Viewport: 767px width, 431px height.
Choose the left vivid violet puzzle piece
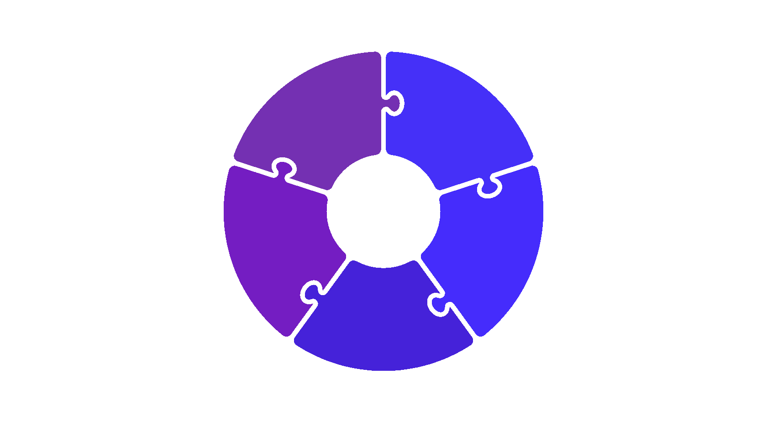274,242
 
